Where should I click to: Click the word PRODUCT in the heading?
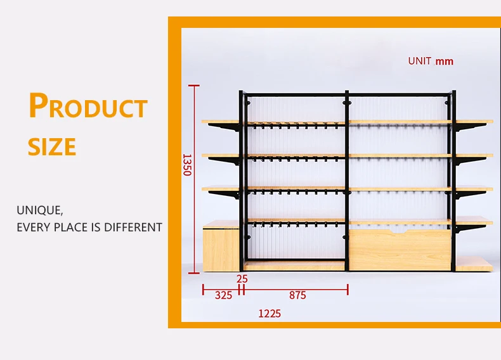(88, 106)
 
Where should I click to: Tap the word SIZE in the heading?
(52, 147)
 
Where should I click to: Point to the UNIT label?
(419, 61)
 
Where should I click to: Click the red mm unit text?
(445, 61)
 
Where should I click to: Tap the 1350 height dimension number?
(186, 164)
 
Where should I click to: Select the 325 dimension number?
(223, 295)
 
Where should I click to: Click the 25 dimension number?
(242, 278)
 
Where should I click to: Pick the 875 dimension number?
(297, 295)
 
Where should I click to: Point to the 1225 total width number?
(270, 313)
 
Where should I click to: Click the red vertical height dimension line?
(194, 177)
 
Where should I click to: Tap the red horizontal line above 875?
(296, 290)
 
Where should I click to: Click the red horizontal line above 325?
(221, 290)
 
